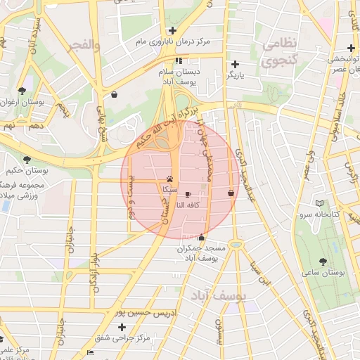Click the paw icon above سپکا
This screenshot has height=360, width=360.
170,179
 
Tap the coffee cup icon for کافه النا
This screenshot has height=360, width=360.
188,194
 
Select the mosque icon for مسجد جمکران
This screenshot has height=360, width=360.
202,238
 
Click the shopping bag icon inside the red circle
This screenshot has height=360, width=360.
231,193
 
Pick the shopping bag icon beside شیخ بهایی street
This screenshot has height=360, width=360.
114,94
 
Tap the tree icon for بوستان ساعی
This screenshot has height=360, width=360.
323,261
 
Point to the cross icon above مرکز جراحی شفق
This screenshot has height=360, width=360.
122,327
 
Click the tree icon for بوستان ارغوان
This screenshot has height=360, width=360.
22,91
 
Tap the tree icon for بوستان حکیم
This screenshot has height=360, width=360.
27,160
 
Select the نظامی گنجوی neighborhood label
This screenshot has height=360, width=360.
281,53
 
